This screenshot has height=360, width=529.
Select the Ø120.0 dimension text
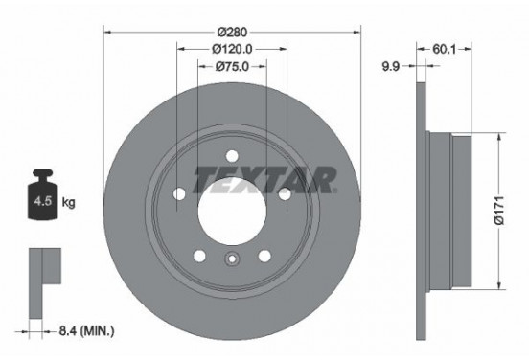(230, 48)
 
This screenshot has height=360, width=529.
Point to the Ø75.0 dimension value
(230, 66)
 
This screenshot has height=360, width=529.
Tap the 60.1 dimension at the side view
(444, 46)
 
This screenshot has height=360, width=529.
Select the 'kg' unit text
(69, 203)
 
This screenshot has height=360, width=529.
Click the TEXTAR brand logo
(264, 179)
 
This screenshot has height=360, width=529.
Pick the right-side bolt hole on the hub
(284, 194)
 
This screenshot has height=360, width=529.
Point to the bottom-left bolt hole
(196, 255)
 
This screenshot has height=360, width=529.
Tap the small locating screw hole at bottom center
(230, 259)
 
